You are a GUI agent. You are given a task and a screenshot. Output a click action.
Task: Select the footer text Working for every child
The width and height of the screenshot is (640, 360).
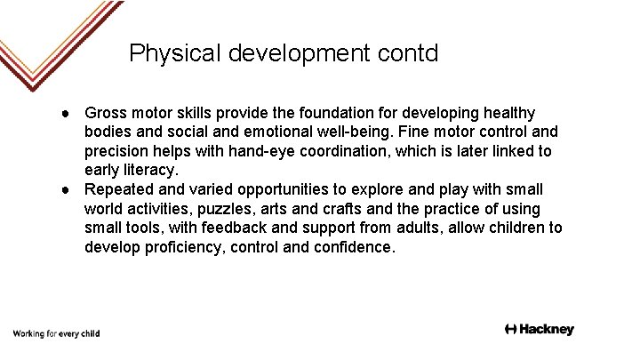pyautogui.click(x=55, y=333)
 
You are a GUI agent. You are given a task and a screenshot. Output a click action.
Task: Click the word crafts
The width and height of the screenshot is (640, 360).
pyautogui.click(x=346, y=208)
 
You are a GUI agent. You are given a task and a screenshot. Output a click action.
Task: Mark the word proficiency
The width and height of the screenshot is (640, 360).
pyautogui.click(x=181, y=246)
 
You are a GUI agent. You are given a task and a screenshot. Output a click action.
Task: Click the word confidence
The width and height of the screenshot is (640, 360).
pyautogui.click(x=353, y=246)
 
